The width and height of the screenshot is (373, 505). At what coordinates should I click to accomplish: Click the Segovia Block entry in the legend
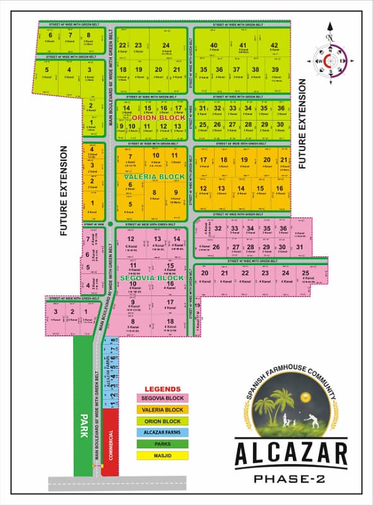(x=163, y=398)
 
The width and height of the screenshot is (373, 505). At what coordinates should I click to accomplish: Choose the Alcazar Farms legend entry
(x=163, y=432)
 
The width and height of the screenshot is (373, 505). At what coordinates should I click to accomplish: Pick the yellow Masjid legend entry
(x=163, y=455)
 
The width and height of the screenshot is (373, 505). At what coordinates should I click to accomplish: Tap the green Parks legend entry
(x=163, y=444)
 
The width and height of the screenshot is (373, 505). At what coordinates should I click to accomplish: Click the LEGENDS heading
(x=163, y=389)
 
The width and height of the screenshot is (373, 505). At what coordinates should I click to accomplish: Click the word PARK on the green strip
(x=82, y=421)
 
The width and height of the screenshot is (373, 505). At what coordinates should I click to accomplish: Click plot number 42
(x=274, y=45)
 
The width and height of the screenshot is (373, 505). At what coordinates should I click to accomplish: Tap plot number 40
(x=214, y=45)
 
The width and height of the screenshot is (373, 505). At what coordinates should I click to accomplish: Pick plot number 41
(x=243, y=45)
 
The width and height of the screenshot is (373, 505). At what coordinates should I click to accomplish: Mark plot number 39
(x=275, y=69)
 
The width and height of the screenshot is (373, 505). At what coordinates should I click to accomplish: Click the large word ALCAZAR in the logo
(x=292, y=454)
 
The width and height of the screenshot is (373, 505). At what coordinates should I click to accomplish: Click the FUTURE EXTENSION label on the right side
(x=303, y=123)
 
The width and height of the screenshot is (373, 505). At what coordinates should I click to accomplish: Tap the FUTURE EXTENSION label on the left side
(x=64, y=191)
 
